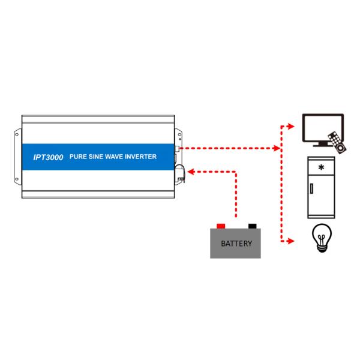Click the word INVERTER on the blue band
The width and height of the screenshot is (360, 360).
point(145,157)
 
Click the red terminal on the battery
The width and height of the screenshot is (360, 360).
point(221,226)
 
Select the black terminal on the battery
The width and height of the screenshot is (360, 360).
point(252,226)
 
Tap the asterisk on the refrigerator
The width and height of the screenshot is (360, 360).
point(322,167)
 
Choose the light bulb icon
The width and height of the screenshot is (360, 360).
point(321,237)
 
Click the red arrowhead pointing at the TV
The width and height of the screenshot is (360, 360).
point(290,127)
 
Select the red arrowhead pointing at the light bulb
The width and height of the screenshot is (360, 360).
point(290,241)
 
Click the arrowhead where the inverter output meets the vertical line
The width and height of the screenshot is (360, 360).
point(277,148)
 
